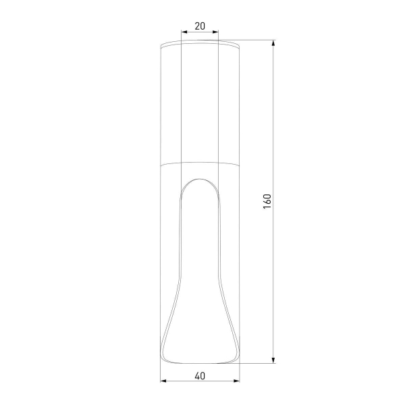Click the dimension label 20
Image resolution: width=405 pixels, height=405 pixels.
tap(200, 26)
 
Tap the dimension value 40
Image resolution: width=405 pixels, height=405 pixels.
tap(200, 376)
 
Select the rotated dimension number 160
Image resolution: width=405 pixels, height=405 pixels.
tap(267, 201)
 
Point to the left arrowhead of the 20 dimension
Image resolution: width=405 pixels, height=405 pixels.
tap(184, 32)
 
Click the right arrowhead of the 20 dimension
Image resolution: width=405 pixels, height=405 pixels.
tap(215, 32)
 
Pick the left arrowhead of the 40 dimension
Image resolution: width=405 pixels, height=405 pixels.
tap(163, 381)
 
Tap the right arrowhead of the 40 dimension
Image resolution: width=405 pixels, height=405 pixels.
tap(236, 381)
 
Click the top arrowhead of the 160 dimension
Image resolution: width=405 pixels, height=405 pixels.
tap(273, 43)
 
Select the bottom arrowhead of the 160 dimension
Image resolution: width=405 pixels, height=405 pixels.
tap(273, 360)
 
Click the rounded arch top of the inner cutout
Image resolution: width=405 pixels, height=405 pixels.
tap(200, 179)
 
